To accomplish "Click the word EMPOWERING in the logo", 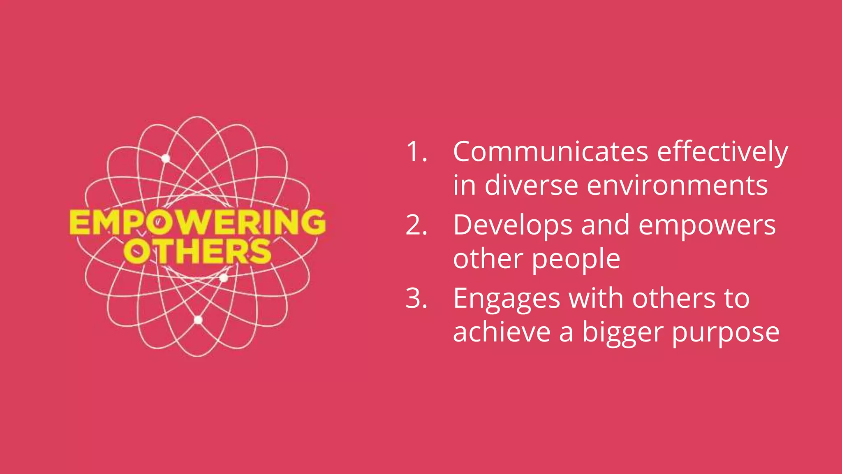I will (197, 222).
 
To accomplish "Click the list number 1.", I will (416, 152).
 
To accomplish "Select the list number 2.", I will (416, 225).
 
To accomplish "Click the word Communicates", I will (551, 152).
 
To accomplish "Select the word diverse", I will (531, 185).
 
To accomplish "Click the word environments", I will (677, 185).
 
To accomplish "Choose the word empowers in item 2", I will (707, 226).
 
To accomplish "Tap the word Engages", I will (507, 300).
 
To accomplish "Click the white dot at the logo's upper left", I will (166, 158).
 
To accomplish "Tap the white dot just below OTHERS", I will (224, 278).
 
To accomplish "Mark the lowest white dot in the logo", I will (198, 320).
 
